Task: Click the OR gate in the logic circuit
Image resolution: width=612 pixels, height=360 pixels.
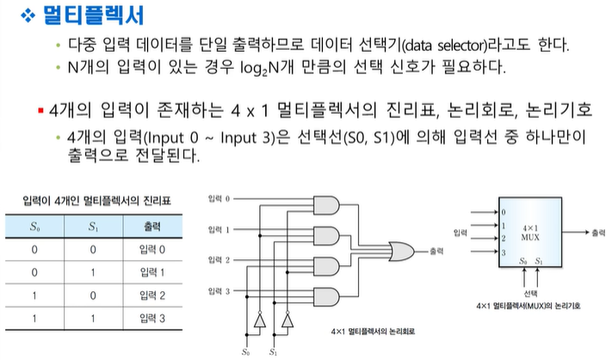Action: point(399,251)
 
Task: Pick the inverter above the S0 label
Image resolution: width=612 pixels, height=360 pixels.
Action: point(256,321)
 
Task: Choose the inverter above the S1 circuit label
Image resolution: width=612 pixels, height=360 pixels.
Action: point(287,321)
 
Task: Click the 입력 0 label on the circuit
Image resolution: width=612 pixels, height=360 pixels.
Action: point(219,200)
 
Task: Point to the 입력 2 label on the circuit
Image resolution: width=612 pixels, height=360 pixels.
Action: point(219,259)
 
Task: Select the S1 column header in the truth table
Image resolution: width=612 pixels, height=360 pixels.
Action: point(91,228)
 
